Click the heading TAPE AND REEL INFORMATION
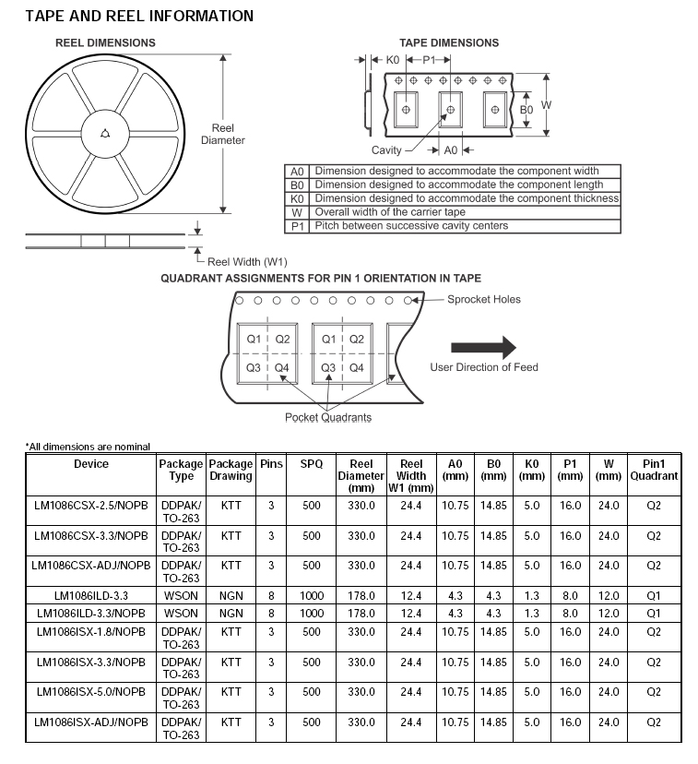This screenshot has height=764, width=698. [139, 16]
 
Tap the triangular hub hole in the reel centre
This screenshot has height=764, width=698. [105, 133]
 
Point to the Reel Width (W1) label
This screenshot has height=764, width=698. [247, 262]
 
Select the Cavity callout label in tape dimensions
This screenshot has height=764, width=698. [386, 150]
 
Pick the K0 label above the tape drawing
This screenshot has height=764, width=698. [392, 59]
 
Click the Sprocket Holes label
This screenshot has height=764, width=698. [483, 299]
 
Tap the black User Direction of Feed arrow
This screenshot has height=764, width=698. [483, 347]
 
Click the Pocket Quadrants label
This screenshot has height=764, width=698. [327, 417]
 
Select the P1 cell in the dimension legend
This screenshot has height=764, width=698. [297, 226]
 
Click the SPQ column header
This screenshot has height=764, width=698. [312, 464]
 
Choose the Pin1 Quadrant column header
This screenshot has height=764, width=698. [654, 470]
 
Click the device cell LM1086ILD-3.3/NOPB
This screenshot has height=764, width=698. [91, 613]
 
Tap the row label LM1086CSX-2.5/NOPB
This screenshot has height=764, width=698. [91, 506]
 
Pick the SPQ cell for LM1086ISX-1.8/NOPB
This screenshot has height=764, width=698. [312, 632]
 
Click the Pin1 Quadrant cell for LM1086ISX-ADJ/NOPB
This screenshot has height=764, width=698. [654, 722]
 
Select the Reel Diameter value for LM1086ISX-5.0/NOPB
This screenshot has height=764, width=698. [360, 691]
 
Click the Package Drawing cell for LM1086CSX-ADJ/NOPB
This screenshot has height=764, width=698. [231, 565]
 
